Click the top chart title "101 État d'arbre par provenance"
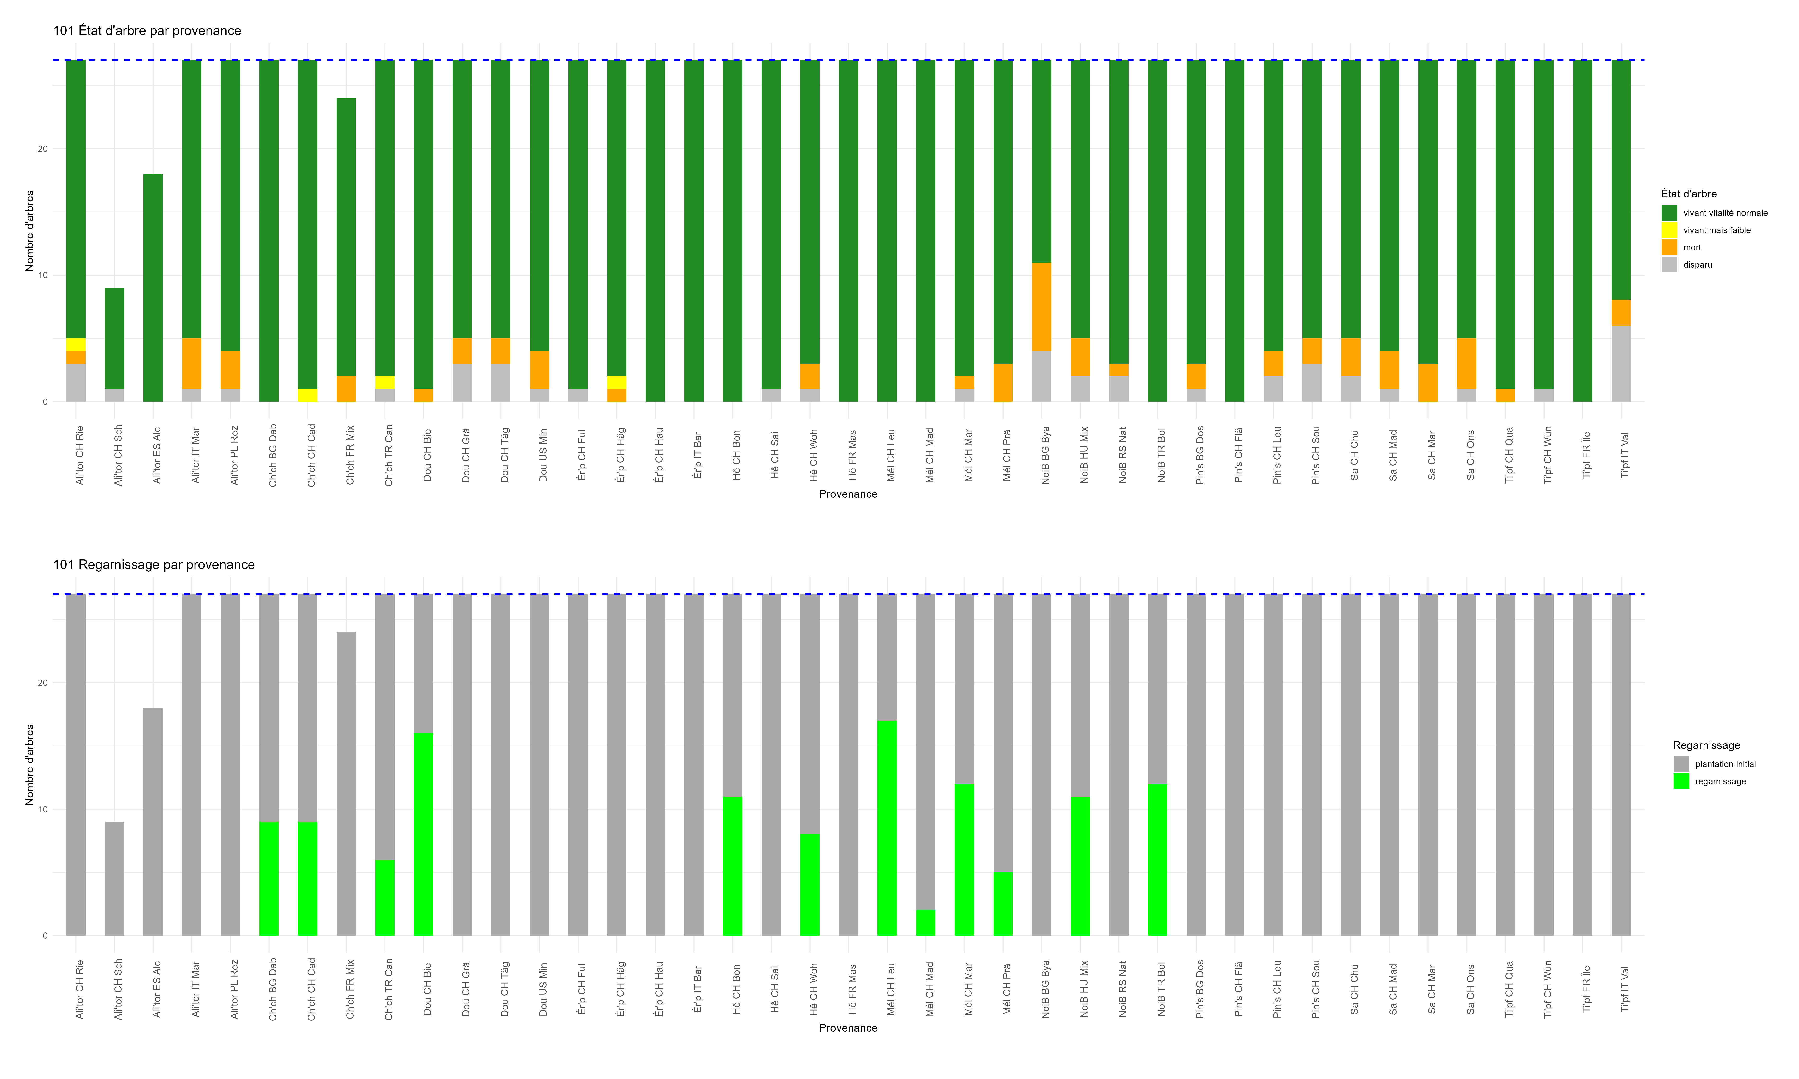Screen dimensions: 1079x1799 tap(147, 30)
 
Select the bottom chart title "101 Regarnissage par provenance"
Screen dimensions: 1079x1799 tap(154, 565)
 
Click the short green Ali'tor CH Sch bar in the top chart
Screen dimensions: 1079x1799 tap(114, 338)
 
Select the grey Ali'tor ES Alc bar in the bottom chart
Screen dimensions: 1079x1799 tap(153, 822)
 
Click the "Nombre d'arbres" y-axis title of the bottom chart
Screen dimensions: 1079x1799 tap(30, 765)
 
